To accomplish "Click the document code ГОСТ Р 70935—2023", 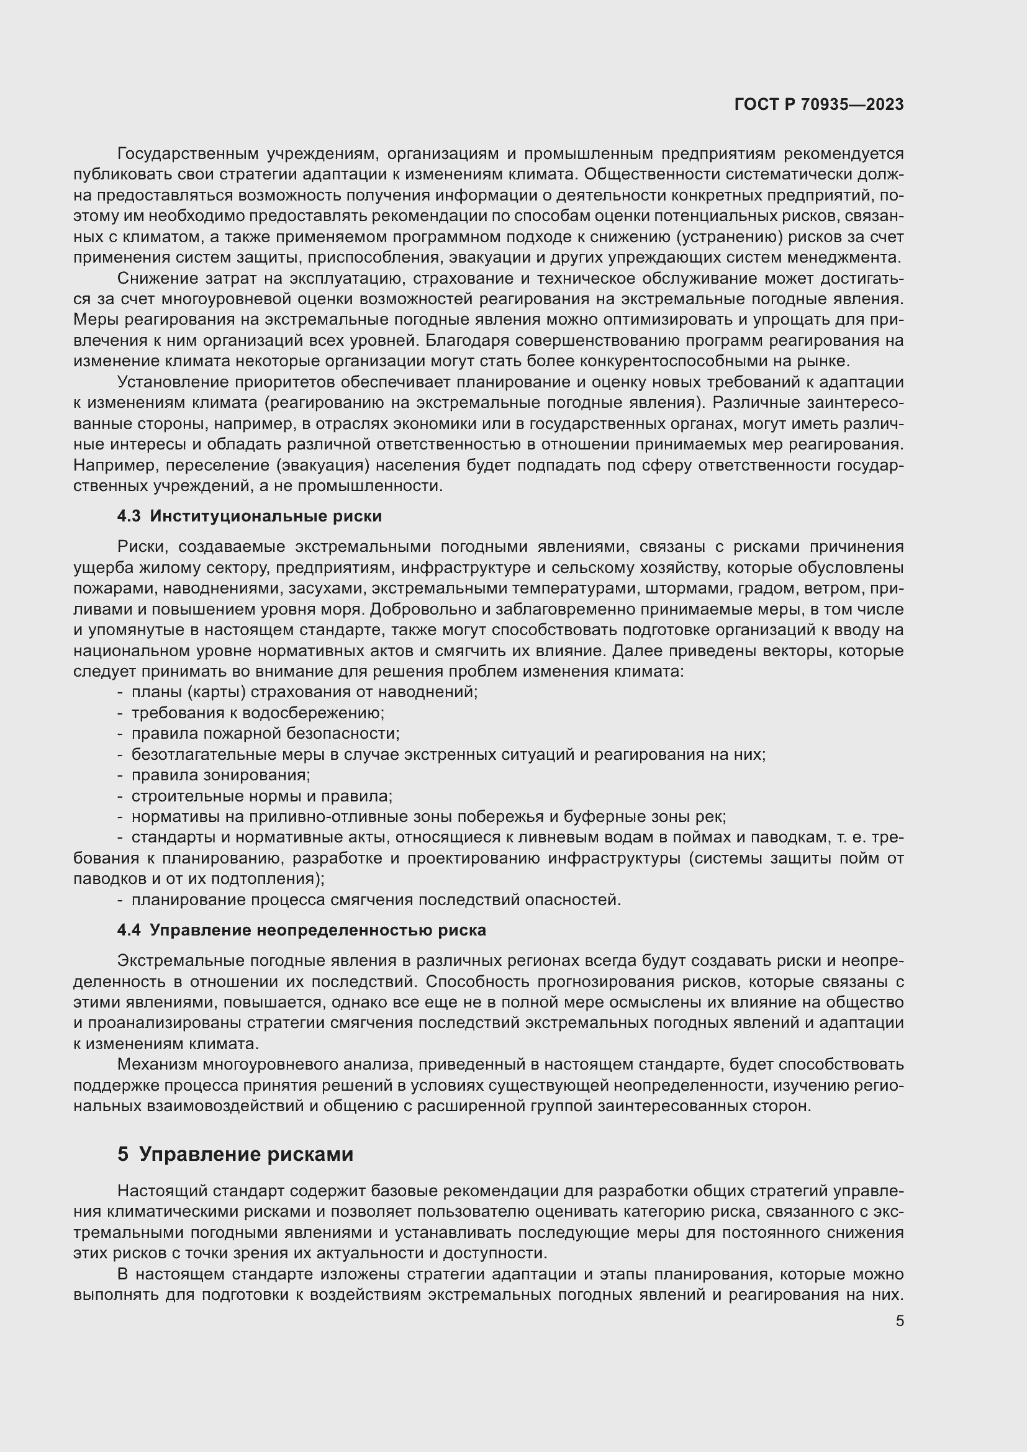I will click(819, 104).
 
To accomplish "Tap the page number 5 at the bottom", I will click(899, 1321).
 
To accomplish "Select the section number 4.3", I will click(129, 516).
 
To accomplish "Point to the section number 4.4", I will click(129, 931).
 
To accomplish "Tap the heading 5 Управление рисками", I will click(235, 1154).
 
